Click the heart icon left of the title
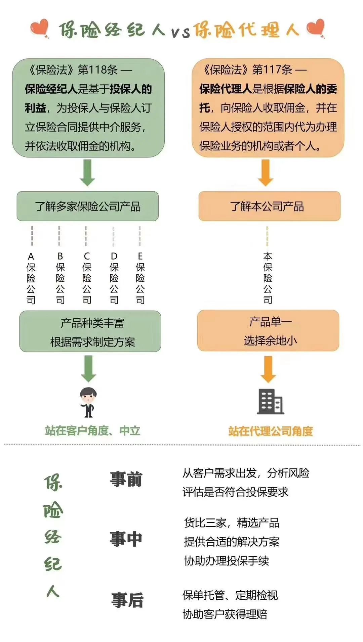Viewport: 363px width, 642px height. coord(40,29)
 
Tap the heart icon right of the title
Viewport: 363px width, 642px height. coord(316,29)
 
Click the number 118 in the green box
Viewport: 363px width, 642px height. coord(98,70)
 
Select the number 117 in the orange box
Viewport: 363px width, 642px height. coord(272,70)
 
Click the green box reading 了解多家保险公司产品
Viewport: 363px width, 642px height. coord(87,206)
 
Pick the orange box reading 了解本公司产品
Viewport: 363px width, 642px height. coord(269,206)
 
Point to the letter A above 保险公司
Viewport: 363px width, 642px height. coord(31,257)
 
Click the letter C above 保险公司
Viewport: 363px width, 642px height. coord(87,257)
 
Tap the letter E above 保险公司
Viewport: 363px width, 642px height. coord(140,256)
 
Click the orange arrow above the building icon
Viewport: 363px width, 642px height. coord(268,369)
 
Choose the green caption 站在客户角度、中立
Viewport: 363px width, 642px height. coord(92,431)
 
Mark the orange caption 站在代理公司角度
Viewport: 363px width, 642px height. coord(271,431)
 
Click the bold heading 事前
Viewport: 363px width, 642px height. coord(126,479)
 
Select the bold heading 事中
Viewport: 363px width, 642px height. coord(126,539)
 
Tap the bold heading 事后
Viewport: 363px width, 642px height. coord(127,600)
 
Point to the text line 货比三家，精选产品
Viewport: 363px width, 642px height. coord(232,523)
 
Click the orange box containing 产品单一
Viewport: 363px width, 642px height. coord(268,331)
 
